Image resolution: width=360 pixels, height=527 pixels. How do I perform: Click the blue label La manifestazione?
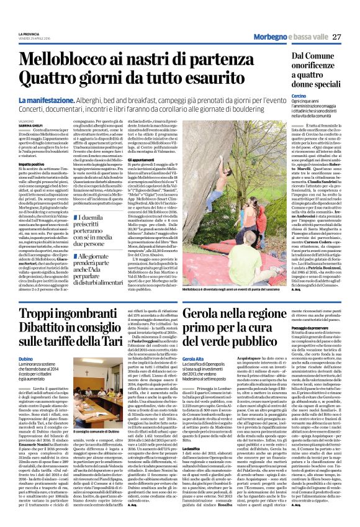(47, 99)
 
